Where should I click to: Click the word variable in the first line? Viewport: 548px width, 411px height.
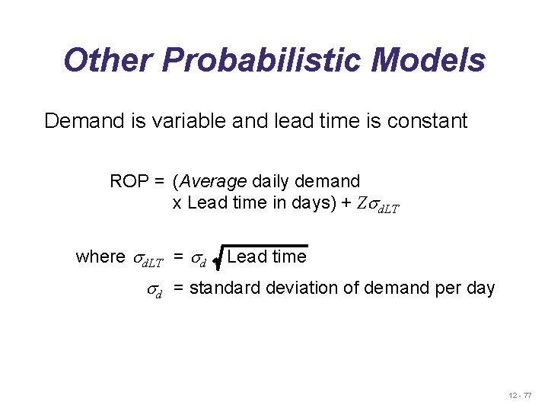(x=186, y=121)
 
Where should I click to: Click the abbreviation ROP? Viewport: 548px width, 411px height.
(x=127, y=182)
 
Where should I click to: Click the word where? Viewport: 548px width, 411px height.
(x=100, y=257)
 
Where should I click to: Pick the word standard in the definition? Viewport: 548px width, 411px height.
(x=226, y=288)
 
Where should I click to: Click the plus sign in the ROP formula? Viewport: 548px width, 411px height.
(x=346, y=203)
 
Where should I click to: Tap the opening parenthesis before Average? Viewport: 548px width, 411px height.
(x=176, y=182)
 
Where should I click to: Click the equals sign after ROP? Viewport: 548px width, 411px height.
(x=158, y=182)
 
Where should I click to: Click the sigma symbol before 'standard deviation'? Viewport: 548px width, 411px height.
(x=155, y=290)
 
